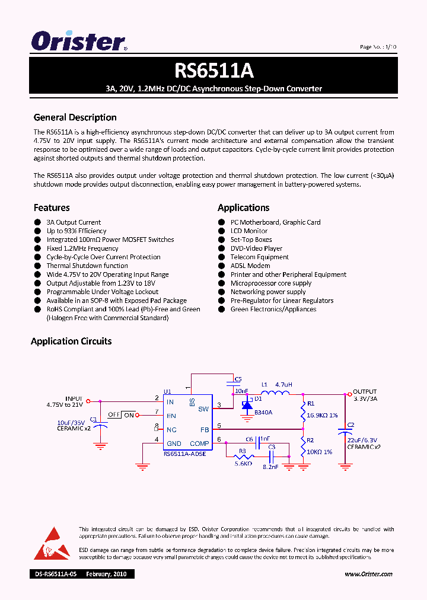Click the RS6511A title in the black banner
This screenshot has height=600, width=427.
pos(213,71)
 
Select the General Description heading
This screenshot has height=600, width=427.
pos(75,117)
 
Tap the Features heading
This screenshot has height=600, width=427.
pos(52,208)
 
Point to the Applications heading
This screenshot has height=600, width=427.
pos(243,208)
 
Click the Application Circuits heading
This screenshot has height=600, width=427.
pos(71,342)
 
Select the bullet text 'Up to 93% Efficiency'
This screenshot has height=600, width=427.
pos(77,231)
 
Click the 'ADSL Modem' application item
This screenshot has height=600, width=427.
pos(250,266)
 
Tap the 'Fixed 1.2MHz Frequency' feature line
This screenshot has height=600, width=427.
pos(82,248)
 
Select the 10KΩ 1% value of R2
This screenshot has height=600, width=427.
pos(320,452)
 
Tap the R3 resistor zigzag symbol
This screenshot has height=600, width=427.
pos(243,458)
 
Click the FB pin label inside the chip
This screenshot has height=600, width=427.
pos(204,429)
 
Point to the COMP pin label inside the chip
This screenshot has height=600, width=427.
pos(199,443)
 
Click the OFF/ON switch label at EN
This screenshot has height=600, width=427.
pos(122,414)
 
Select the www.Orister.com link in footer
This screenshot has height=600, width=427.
pos(368,574)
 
